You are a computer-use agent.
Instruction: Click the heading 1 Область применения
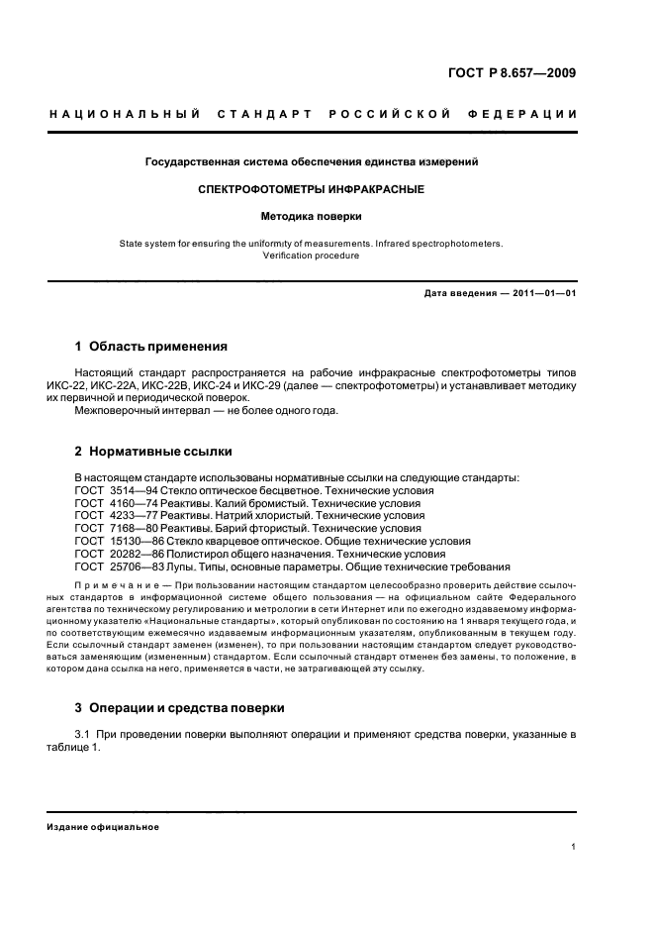151,347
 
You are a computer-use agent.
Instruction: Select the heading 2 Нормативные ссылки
153,452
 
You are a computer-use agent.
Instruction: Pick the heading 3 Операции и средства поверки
180,708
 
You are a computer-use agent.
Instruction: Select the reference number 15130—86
129,542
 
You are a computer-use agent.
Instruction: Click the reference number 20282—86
129,555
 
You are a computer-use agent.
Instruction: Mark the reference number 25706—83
129,567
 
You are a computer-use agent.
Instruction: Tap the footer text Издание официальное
103,827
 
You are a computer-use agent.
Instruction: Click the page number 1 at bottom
574,847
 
